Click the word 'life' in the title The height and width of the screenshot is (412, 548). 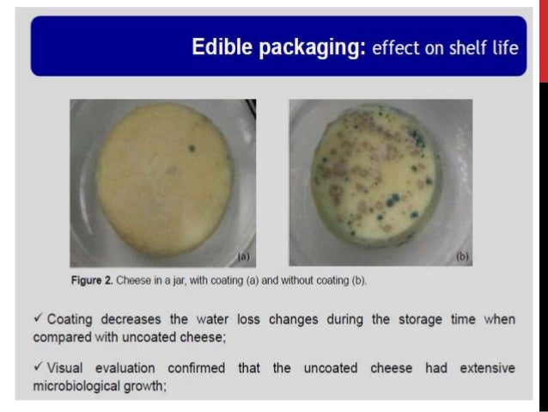pyautogui.click(x=503, y=48)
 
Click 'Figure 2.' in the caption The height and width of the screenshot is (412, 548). pyautogui.click(x=92, y=282)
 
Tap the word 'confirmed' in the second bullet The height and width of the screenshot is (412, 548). pyautogui.click(x=196, y=368)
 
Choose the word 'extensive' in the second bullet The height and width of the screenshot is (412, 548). pyautogui.click(x=484, y=368)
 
